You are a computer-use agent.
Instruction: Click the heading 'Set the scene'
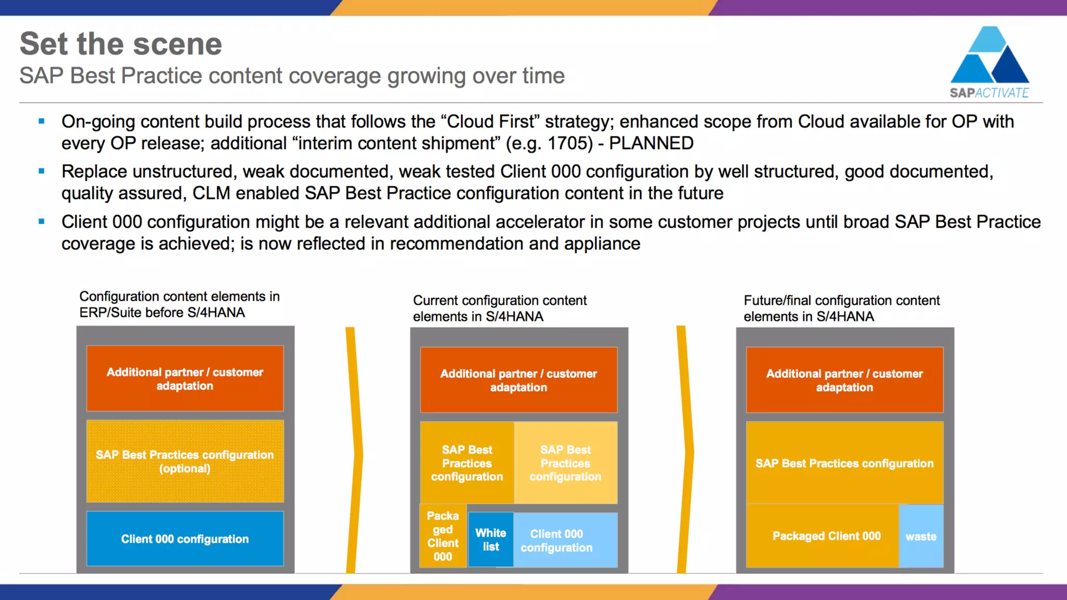point(121,44)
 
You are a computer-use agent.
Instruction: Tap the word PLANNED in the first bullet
point(651,143)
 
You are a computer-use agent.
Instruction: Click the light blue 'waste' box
point(921,536)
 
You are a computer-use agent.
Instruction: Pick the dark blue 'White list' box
point(490,540)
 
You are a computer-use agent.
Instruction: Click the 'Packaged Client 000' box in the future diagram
point(826,536)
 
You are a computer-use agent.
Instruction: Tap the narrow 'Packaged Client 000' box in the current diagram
point(443,536)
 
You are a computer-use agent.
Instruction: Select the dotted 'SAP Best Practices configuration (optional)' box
point(185,461)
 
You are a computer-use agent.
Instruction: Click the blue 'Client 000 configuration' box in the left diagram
point(185,539)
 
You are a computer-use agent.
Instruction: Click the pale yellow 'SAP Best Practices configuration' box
point(565,463)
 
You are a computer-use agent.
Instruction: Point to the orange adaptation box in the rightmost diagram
point(844,380)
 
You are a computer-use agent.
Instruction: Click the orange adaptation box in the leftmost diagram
point(185,379)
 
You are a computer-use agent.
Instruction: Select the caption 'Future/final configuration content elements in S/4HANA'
point(841,308)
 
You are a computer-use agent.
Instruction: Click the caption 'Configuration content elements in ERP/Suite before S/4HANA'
point(179,304)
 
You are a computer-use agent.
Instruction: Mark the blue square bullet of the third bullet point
point(42,221)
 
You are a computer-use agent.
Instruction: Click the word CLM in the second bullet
point(212,193)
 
